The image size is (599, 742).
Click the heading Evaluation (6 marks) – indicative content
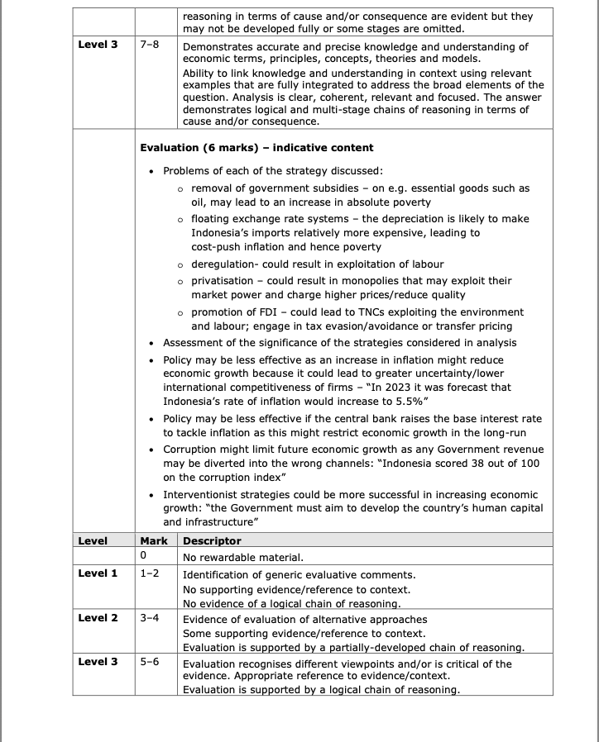click(x=256, y=148)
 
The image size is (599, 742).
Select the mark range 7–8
click(x=150, y=44)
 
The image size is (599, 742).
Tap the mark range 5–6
click(x=150, y=662)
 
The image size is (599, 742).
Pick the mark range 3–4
click(x=150, y=618)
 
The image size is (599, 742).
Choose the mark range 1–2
click(x=150, y=573)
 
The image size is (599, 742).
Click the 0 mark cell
click(x=144, y=557)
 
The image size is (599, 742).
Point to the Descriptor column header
click(x=212, y=541)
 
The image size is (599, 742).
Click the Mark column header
click(x=154, y=541)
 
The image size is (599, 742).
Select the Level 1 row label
click(x=98, y=573)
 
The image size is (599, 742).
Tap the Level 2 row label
click(x=98, y=618)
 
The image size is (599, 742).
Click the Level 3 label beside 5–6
click(x=98, y=662)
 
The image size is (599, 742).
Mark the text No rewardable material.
click(x=243, y=557)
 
